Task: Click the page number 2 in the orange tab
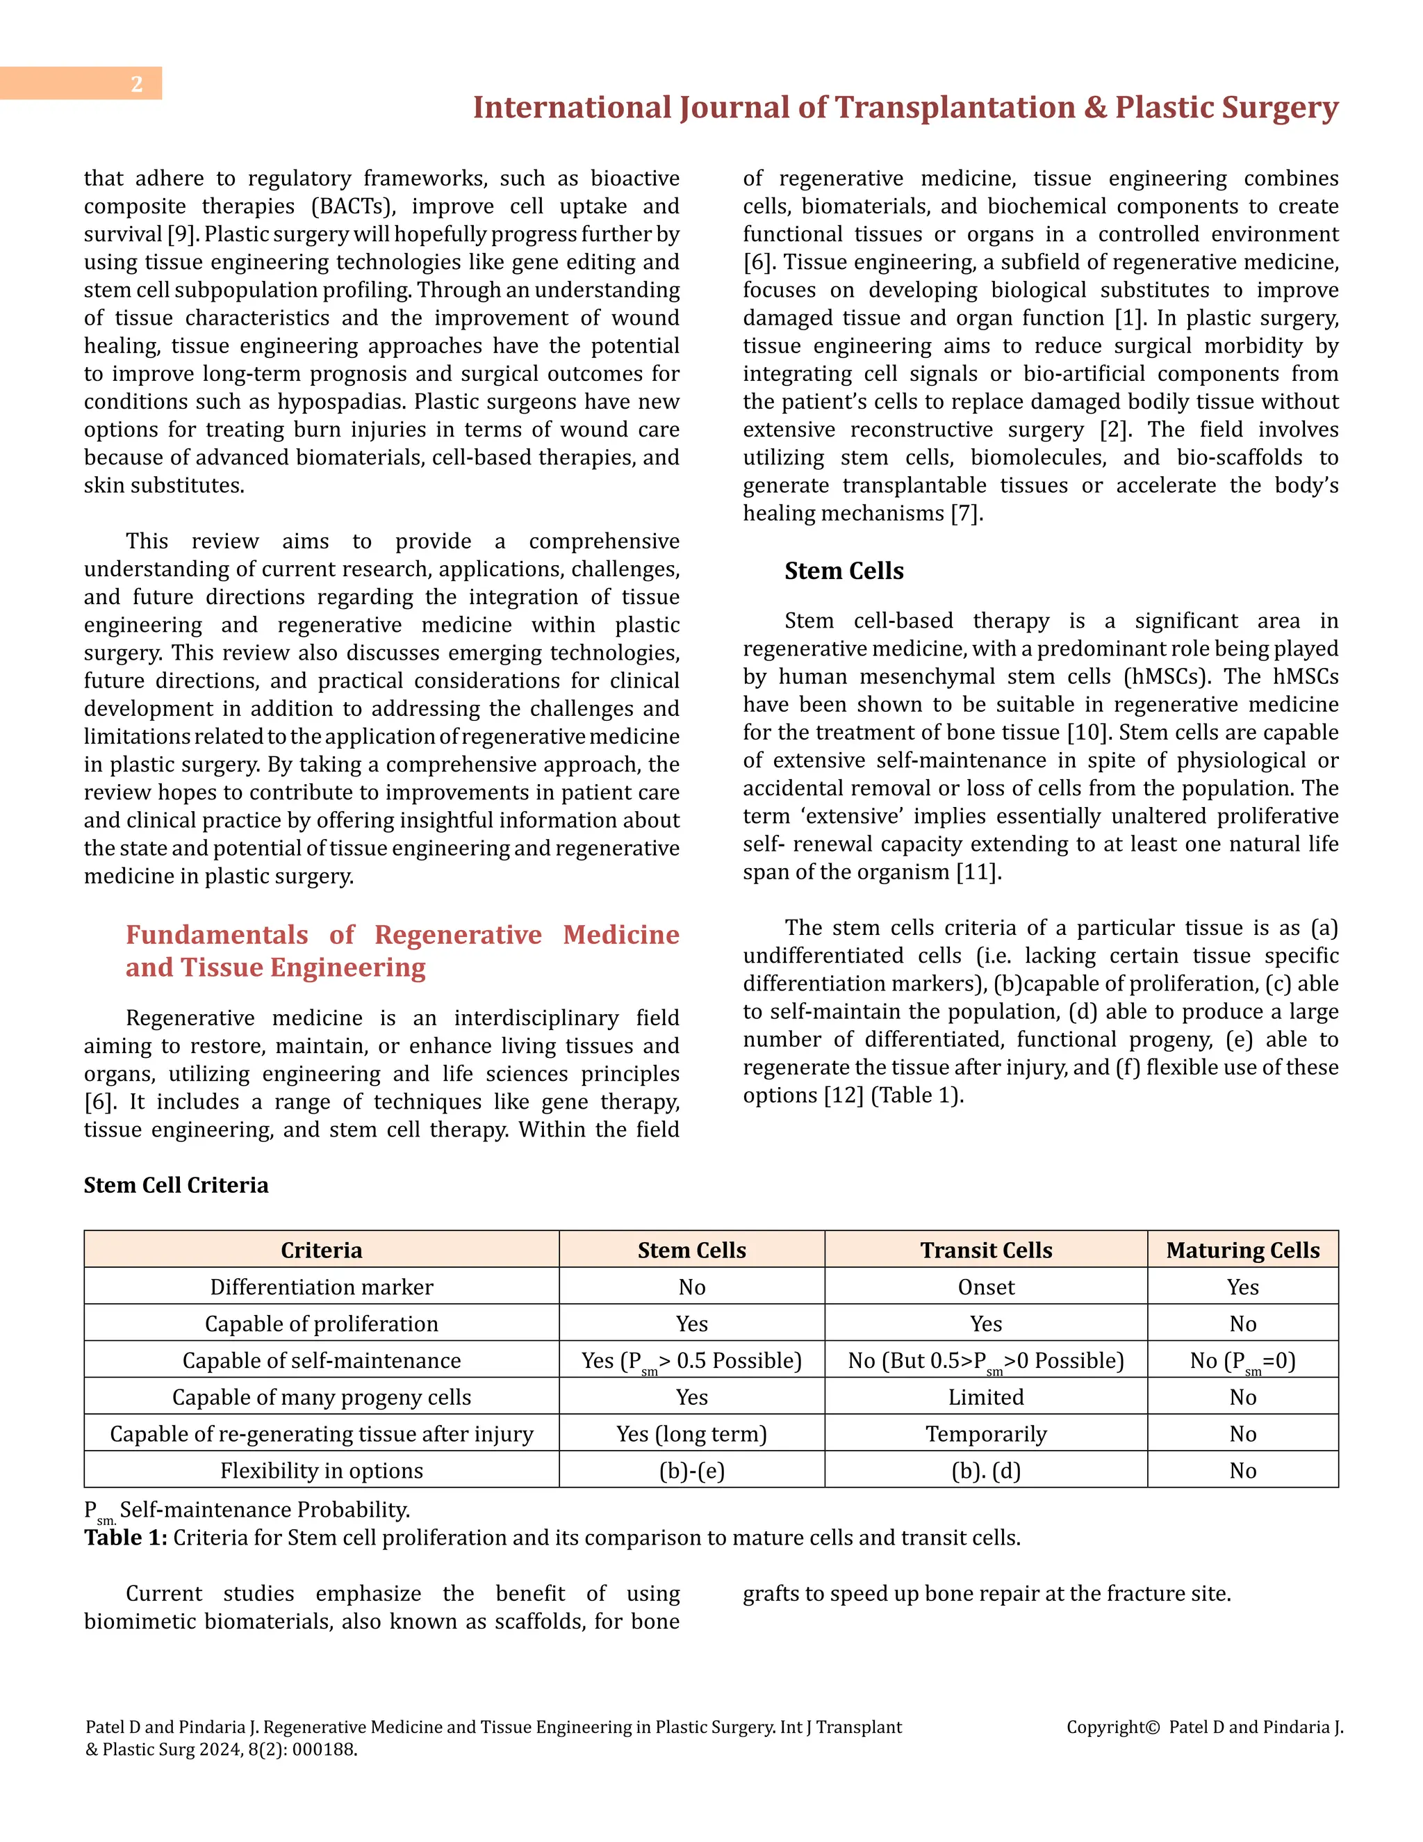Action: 137,83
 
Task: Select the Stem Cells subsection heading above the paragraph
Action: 843,571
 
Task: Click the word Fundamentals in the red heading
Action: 217,934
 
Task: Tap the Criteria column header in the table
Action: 321,1250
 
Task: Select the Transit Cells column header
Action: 985,1250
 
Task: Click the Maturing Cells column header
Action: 1242,1250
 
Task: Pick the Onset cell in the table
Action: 985,1287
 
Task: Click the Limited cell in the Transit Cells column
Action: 985,1398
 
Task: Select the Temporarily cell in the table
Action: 985,1434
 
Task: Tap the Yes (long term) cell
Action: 691,1434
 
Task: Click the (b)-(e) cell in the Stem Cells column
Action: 691,1471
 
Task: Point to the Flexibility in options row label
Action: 321,1471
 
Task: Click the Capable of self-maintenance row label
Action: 321,1360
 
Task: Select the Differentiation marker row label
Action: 321,1287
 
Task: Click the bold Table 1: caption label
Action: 126,1538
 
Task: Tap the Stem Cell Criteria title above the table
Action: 175,1185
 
